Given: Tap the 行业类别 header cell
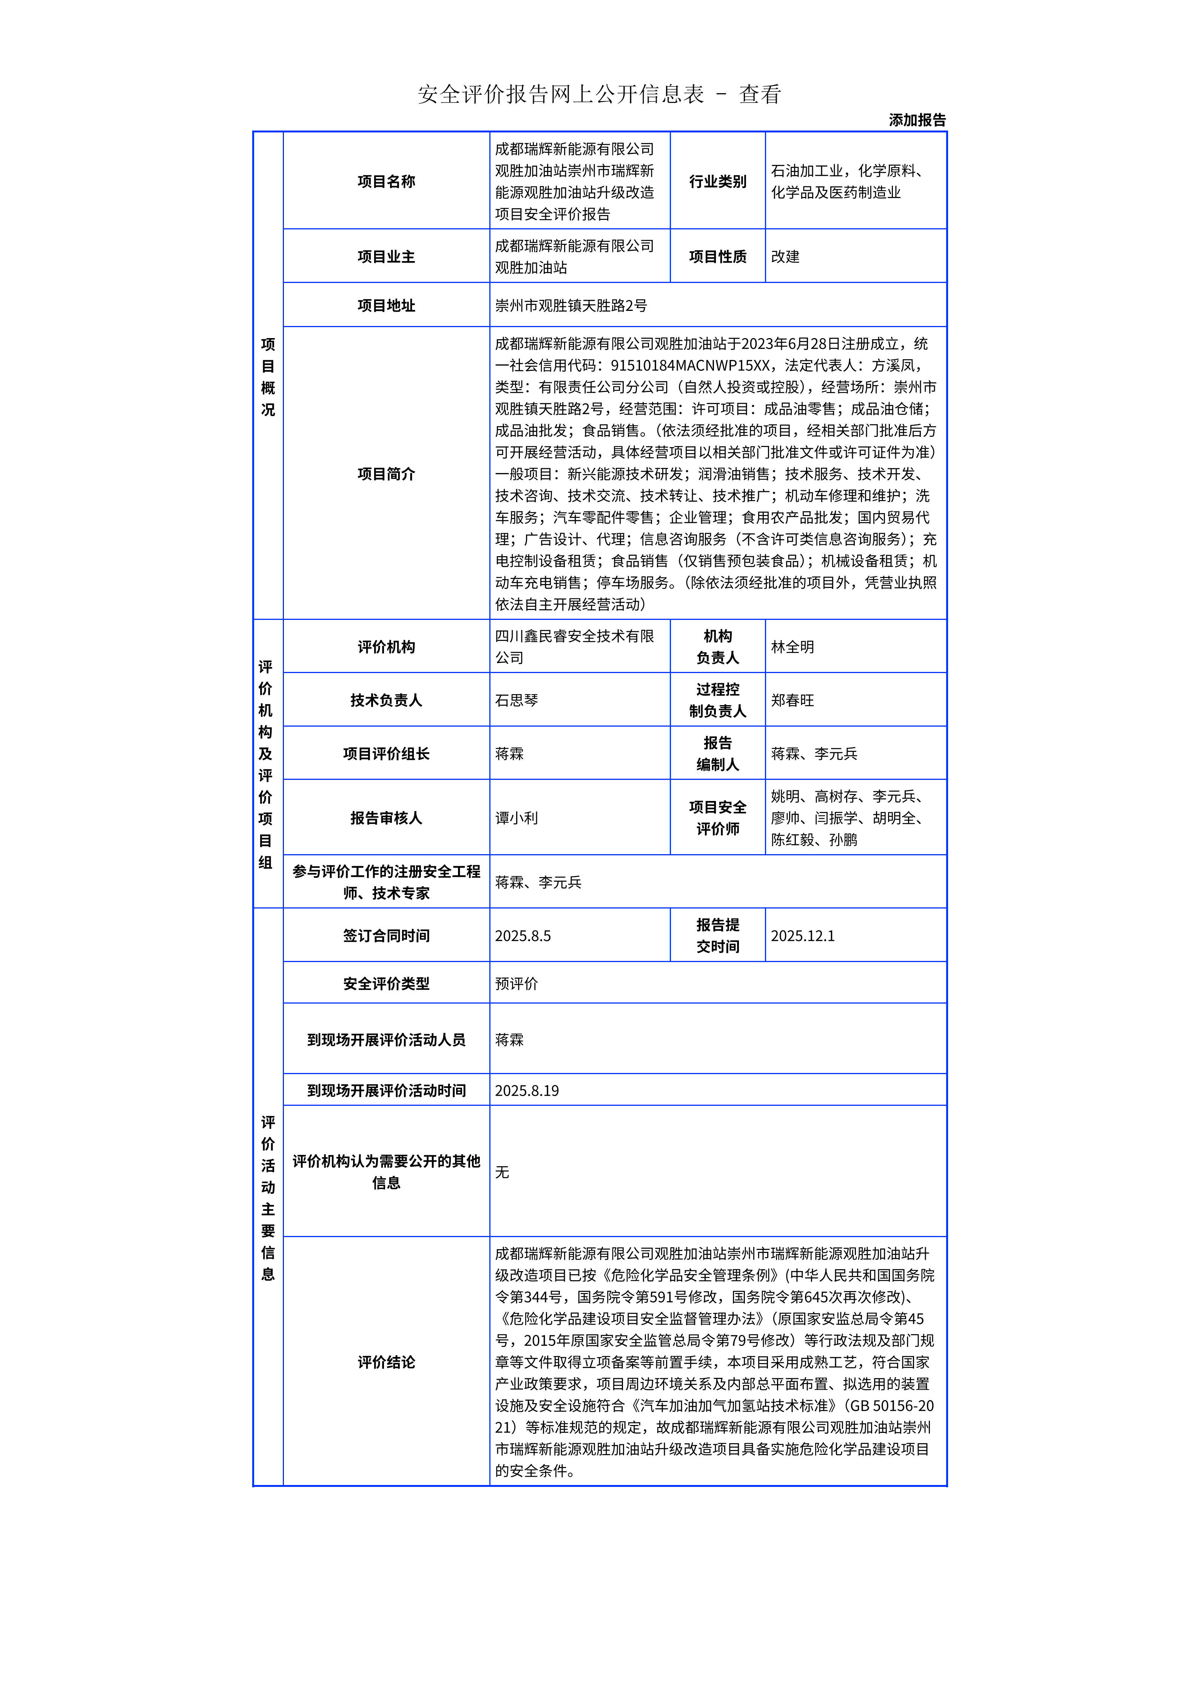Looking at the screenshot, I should pyautogui.click(x=717, y=181).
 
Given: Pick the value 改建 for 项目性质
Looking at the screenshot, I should pyautogui.click(x=785, y=257).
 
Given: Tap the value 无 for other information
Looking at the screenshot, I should pyautogui.click(x=502, y=1172).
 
